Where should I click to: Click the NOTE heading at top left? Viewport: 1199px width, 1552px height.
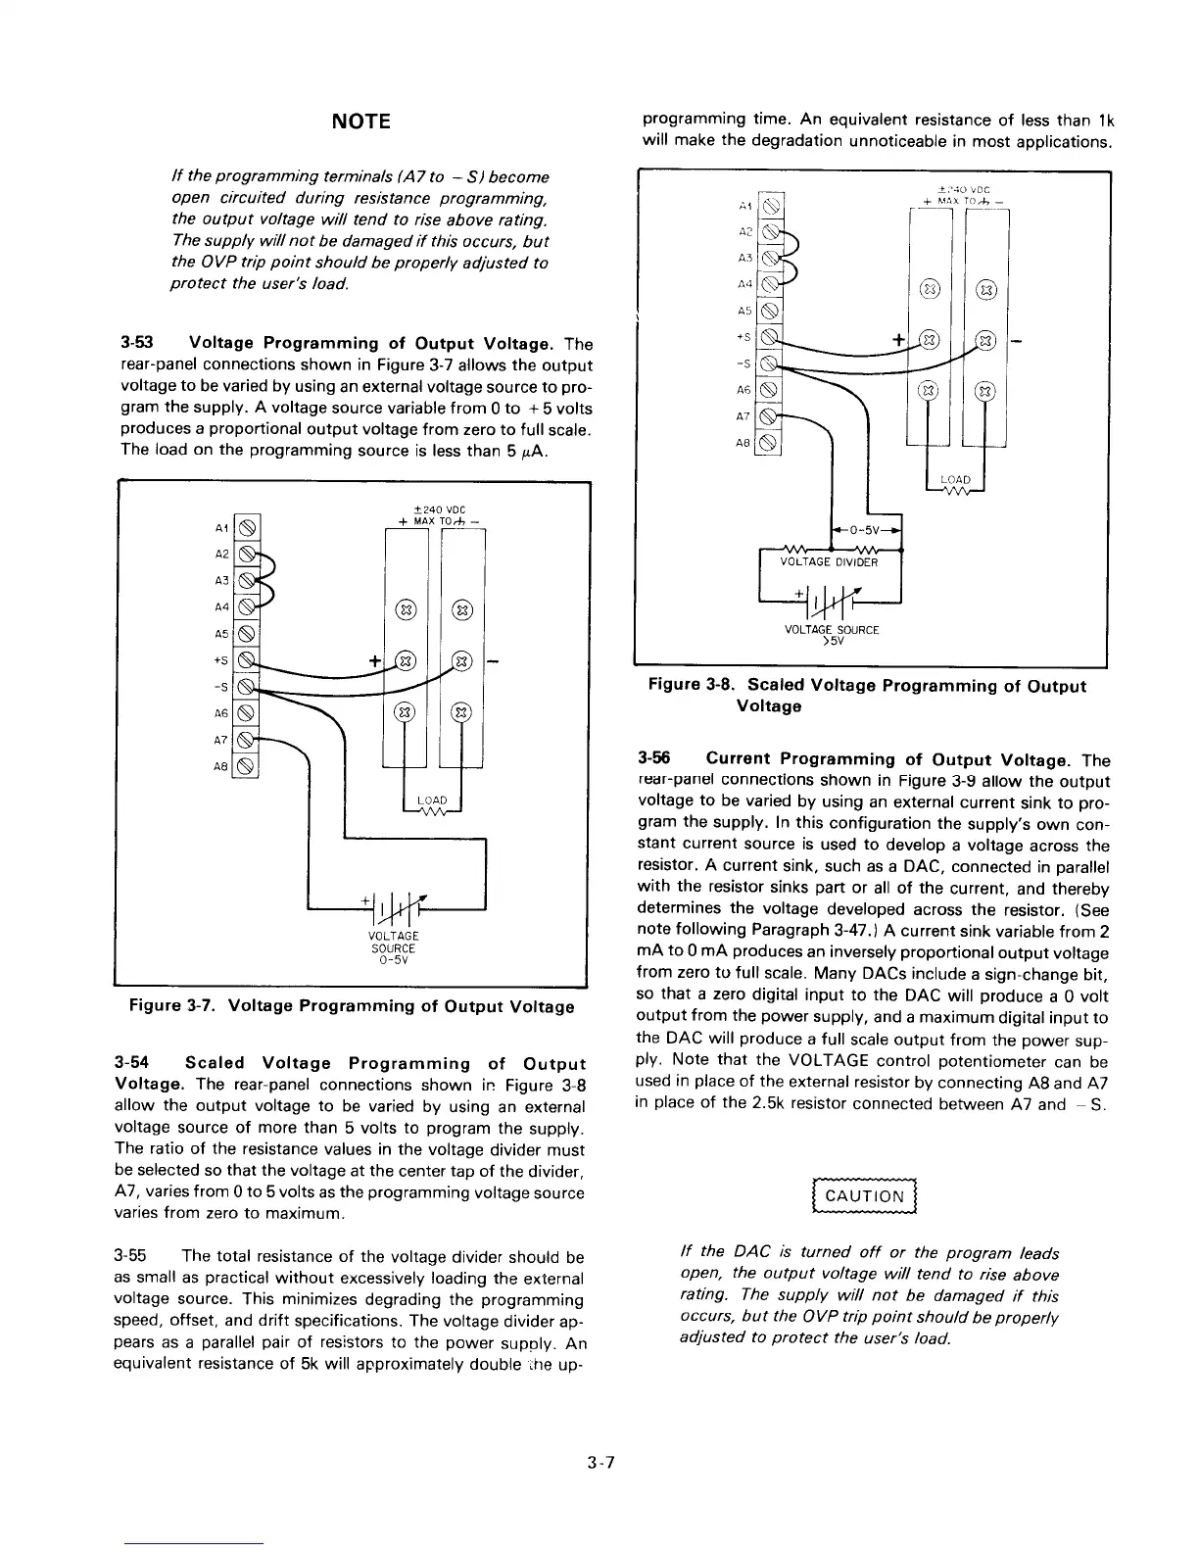click(x=361, y=121)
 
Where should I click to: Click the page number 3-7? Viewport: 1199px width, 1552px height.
click(x=600, y=1464)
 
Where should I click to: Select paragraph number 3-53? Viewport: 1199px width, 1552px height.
click(x=134, y=343)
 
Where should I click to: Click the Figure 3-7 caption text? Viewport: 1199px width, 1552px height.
click(x=352, y=1006)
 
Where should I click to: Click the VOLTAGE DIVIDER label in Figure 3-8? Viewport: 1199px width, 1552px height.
click(x=829, y=562)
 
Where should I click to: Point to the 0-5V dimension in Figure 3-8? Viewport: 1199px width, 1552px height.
click(x=865, y=530)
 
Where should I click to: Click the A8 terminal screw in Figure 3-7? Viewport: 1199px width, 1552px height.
click(x=247, y=767)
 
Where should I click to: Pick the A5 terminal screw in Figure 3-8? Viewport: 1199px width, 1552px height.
click(x=771, y=311)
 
